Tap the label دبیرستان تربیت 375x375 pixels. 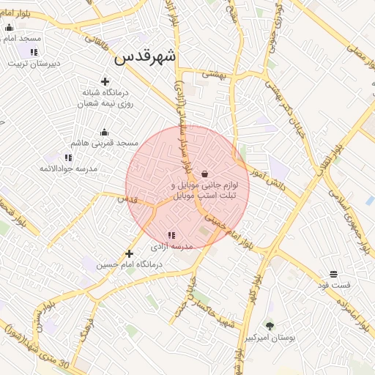pyautogui.click(x=34, y=63)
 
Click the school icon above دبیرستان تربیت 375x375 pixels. pyautogui.click(x=34, y=52)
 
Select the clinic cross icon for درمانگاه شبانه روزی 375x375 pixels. pyautogui.click(x=105, y=81)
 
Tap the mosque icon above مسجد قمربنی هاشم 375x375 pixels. pyautogui.click(x=104, y=133)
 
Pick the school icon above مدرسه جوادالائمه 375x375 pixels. pyautogui.click(x=68, y=157)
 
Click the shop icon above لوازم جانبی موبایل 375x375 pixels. pyautogui.click(x=204, y=174)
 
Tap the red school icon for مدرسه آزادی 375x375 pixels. pyautogui.click(x=171, y=236)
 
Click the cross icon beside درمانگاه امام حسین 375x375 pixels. pyautogui.click(x=129, y=253)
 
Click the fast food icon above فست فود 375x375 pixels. pyautogui.click(x=334, y=273)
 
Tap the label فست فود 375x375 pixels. pyautogui.click(x=338, y=284)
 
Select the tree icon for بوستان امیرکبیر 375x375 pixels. pyautogui.click(x=270, y=327)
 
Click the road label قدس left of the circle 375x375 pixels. pyautogui.click(x=126, y=198)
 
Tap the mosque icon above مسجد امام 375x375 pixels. pyautogui.click(x=9, y=27)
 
